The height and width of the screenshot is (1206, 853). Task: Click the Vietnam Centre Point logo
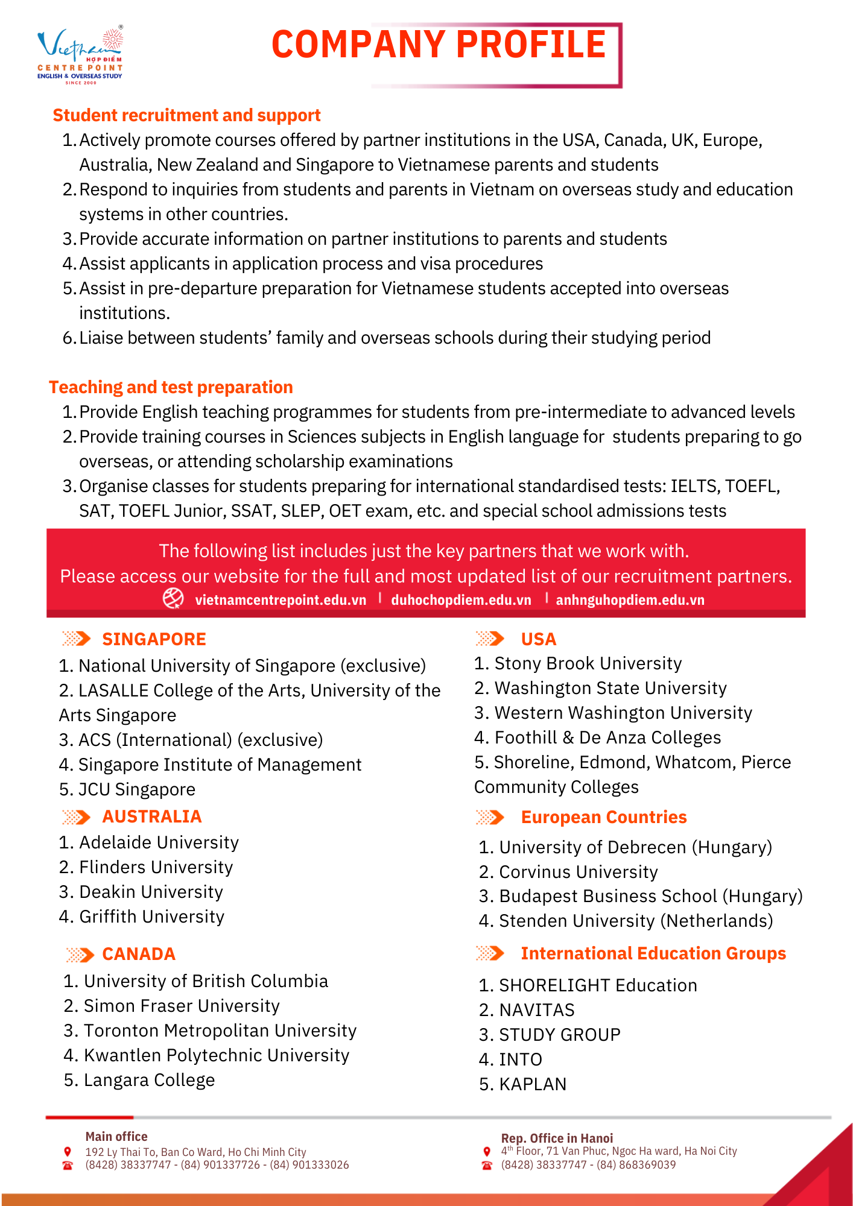(80, 55)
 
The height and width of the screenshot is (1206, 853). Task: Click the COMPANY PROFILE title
(439, 45)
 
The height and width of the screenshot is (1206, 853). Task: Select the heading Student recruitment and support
(186, 115)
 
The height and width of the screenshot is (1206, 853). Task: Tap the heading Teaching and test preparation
(171, 387)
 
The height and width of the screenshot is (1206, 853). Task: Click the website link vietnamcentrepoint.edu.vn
(281, 600)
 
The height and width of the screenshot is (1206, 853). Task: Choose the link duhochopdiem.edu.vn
(461, 600)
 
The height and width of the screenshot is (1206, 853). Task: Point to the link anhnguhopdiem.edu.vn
(630, 600)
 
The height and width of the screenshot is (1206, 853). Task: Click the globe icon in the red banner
(173, 598)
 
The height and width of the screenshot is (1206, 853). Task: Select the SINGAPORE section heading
(154, 639)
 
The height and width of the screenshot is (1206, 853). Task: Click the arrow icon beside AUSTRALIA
(76, 817)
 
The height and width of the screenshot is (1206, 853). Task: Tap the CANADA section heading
(139, 954)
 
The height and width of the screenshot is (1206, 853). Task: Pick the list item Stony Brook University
(588, 663)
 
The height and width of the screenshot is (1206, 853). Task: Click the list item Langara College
(149, 1080)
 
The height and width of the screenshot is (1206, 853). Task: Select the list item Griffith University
(151, 917)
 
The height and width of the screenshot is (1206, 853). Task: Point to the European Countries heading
(604, 817)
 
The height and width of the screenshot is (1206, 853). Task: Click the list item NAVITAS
(536, 1010)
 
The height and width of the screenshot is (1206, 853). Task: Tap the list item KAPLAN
(532, 1084)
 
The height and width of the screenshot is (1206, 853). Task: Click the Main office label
(116, 1137)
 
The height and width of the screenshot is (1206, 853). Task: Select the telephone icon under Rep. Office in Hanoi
(487, 1166)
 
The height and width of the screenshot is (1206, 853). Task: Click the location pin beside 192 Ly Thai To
(68, 1152)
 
